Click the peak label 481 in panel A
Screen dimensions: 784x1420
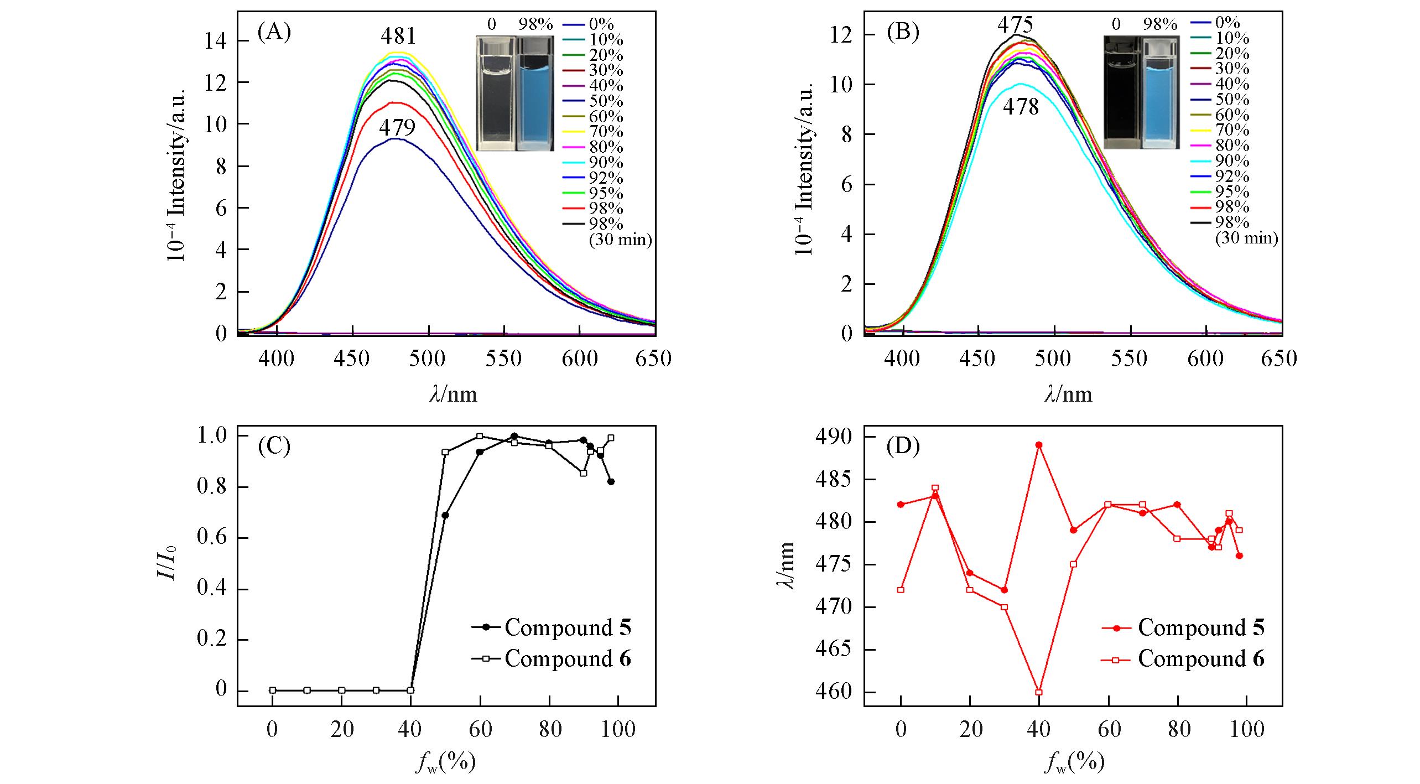pos(398,37)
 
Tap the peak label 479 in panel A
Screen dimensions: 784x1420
pos(397,128)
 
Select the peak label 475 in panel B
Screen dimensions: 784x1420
pos(1015,25)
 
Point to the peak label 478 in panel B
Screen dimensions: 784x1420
pos(1021,107)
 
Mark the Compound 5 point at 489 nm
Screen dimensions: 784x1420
pos(1039,445)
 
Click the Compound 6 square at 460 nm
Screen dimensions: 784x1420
pos(1039,692)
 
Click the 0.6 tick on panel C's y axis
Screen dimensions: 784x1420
pos(212,538)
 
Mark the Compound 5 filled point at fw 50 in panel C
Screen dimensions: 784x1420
pos(445,515)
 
